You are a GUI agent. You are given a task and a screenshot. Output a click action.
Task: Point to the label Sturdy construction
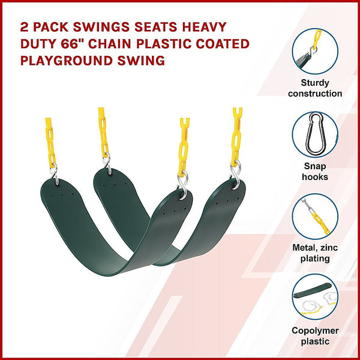pyautogui.click(x=315, y=88)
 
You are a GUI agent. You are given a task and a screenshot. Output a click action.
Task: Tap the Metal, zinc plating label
pyautogui.click(x=315, y=253)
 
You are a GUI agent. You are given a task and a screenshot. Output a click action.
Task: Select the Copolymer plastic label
pyautogui.click(x=315, y=336)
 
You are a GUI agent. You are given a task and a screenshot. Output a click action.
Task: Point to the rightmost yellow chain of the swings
pyautogui.click(x=237, y=135)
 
